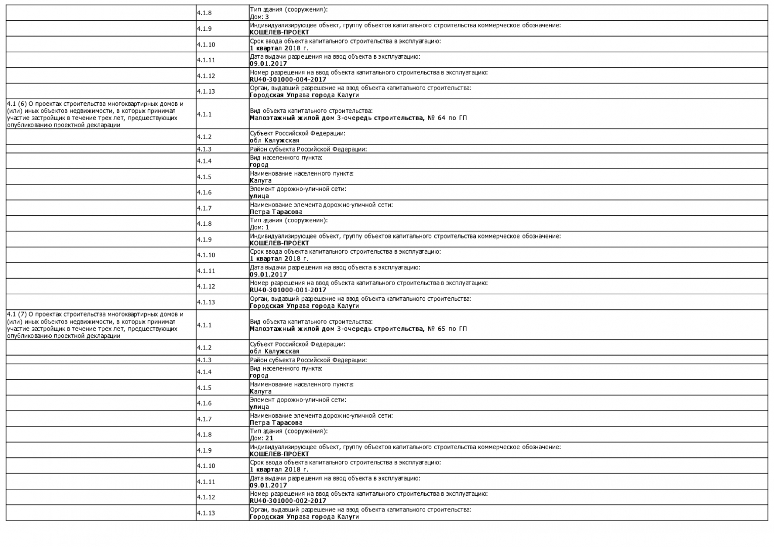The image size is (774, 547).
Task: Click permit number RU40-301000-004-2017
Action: (288, 80)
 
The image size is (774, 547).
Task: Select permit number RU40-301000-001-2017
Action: (288, 290)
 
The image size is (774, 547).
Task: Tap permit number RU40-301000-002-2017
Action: (288, 501)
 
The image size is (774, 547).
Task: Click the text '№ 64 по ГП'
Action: (447, 118)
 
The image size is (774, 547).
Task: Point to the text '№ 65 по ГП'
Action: (447, 329)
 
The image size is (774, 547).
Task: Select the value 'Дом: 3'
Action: (259, 17)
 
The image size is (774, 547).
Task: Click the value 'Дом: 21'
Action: (261, 438)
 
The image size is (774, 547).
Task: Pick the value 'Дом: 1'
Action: (259, 227)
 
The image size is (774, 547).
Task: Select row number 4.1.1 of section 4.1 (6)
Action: (205, 114)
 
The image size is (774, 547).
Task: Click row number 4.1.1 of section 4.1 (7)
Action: (205, 325)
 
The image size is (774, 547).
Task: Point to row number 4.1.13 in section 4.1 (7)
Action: (206, 513)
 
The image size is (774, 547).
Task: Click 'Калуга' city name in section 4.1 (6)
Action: (260, 180)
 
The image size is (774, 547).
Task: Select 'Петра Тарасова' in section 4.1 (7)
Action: (276, 423)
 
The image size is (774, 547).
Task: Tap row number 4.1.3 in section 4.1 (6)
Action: (205, 149)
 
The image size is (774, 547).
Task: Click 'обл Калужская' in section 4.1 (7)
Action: (274, 351)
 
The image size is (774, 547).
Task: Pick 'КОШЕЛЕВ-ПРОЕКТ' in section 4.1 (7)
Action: (279, 454)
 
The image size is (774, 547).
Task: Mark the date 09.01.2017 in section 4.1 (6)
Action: (268, 275)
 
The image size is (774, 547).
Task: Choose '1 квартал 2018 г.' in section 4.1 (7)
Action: (278, 470)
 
